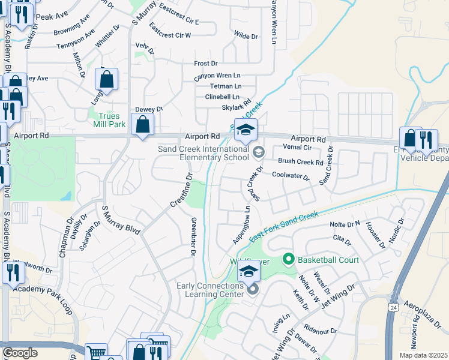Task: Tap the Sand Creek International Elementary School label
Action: pos(203,153)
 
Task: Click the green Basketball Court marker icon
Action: pos(288,260)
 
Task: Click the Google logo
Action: pos(20,353)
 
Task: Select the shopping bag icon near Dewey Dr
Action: pos(143,124)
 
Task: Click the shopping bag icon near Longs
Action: pos(106,79)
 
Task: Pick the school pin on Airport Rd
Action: pos(246,129)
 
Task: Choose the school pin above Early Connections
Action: pos(249,271)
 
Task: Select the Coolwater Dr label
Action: pos(290,176)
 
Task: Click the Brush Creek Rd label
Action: pos(300,162)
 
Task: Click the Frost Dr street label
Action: pos(206,63)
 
